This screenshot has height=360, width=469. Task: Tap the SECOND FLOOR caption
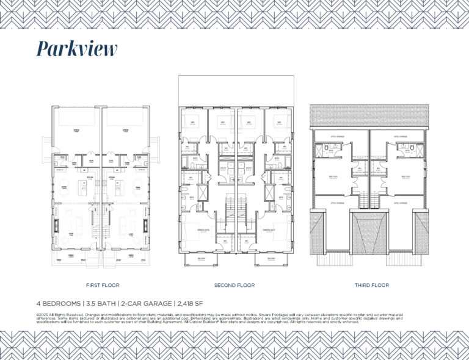click(234, 285)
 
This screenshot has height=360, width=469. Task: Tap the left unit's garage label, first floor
click(76, 131)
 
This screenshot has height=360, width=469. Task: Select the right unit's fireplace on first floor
click(145, 225)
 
